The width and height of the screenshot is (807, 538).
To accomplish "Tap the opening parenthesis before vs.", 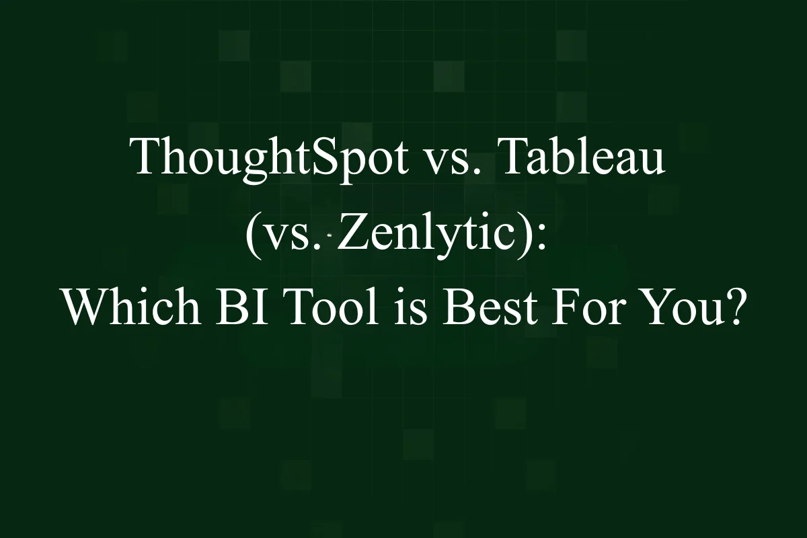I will coord(252,237).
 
